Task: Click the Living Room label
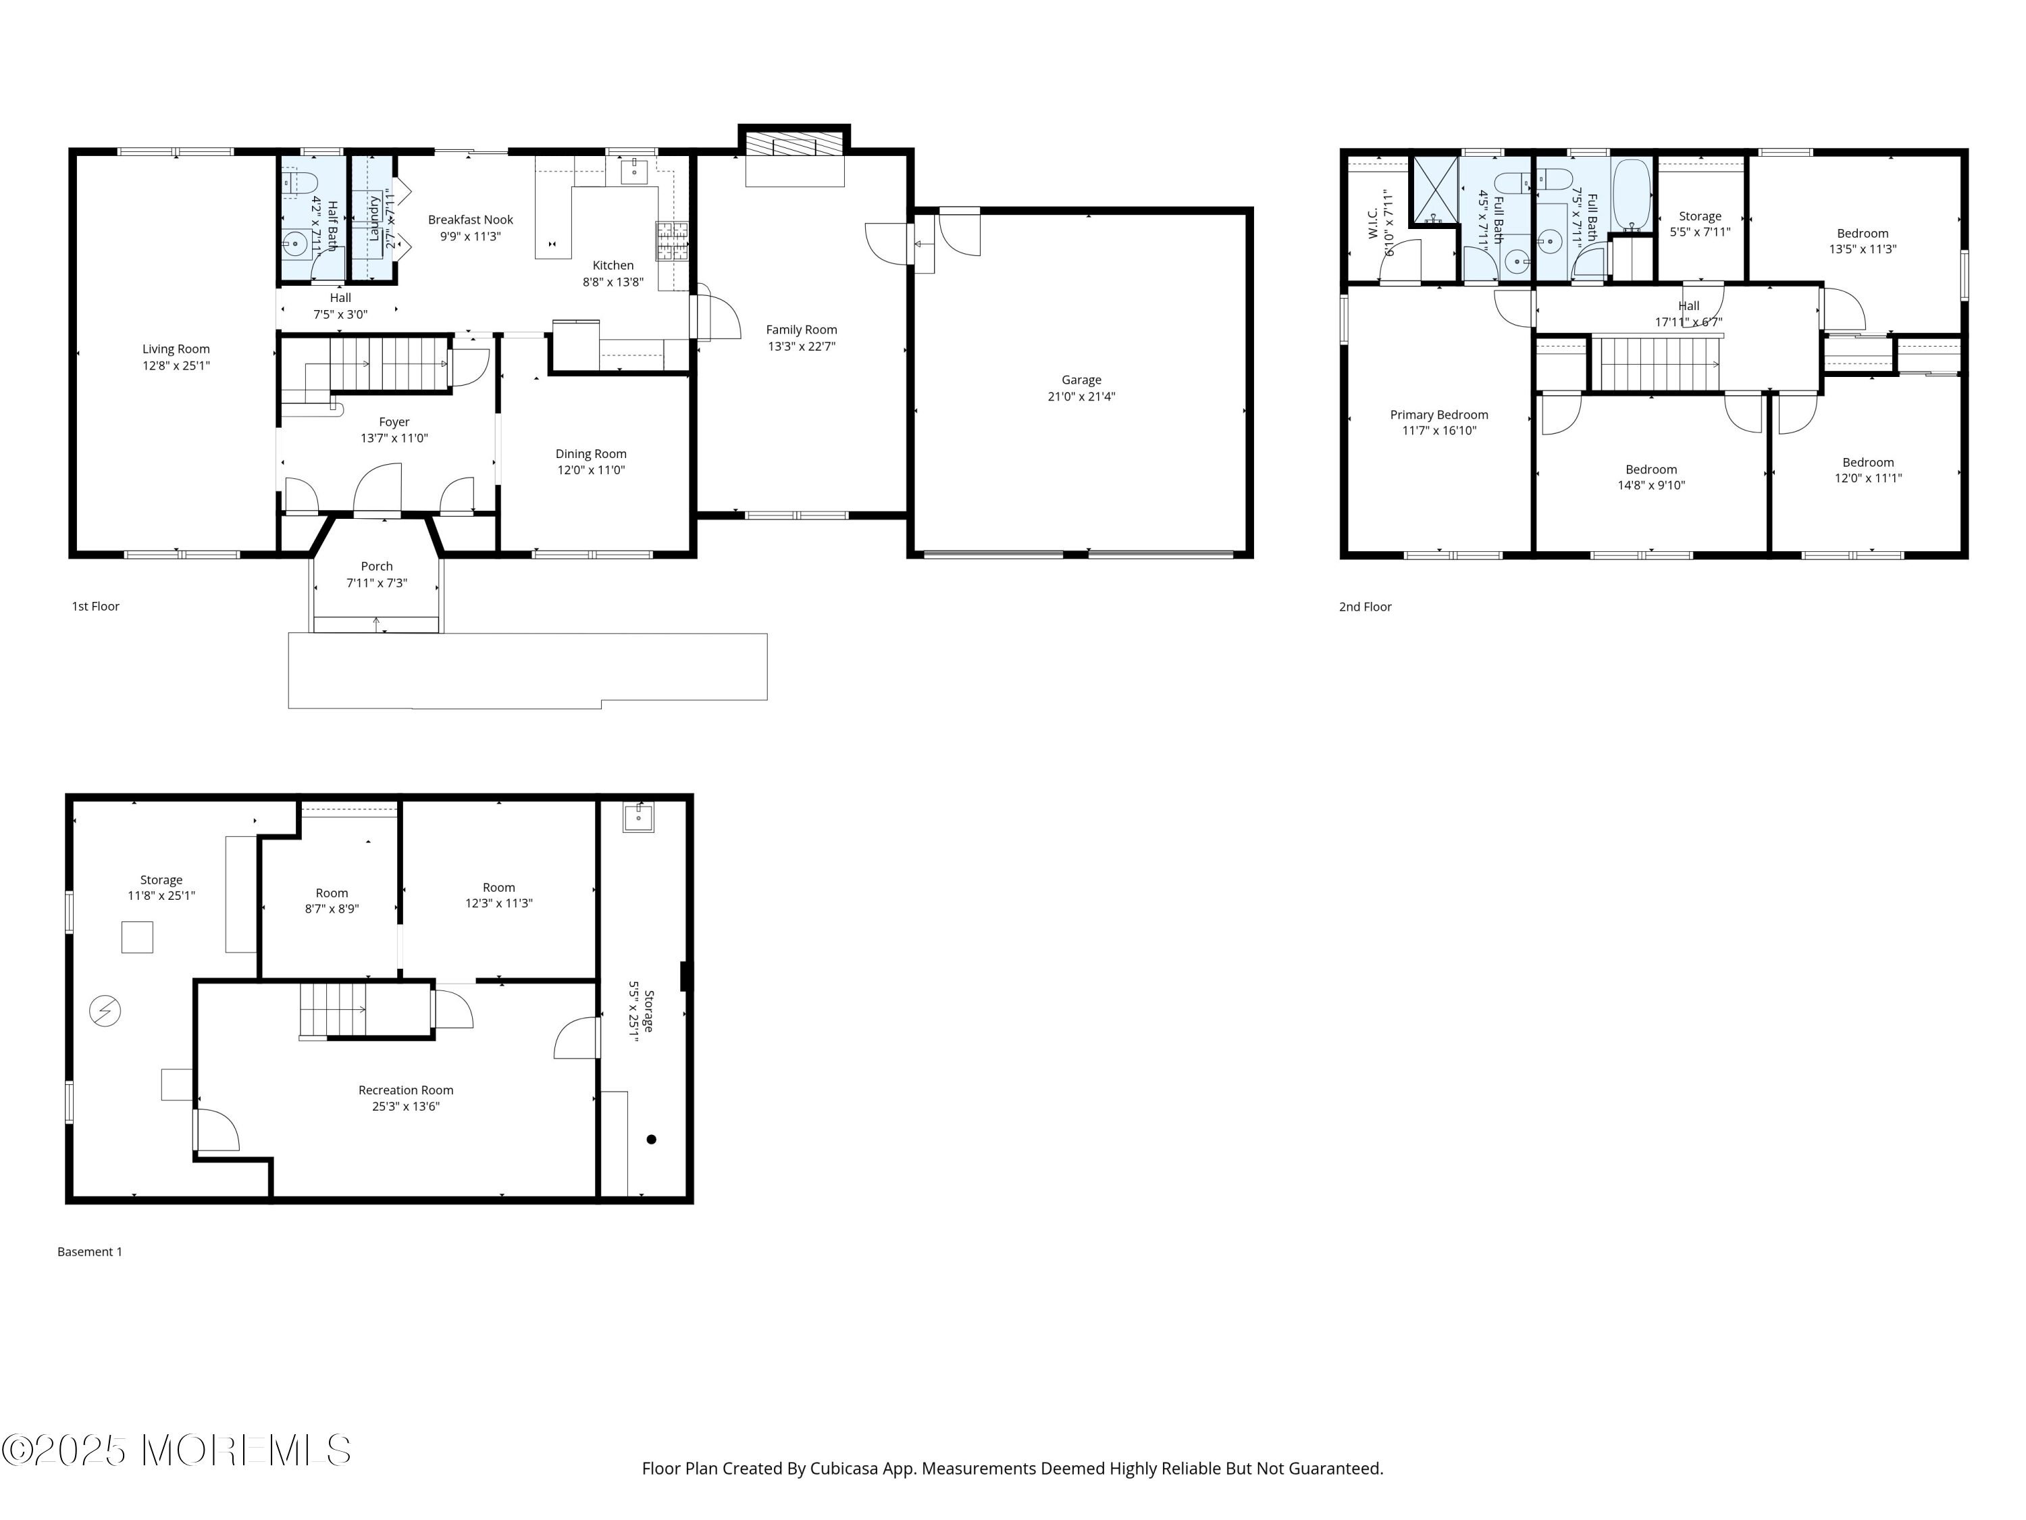coord(176,349)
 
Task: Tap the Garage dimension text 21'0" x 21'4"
coord(1082,397)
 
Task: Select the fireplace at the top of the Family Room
coord(794,145)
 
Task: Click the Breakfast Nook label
coord(471,220)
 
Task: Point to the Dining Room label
coord(591,453)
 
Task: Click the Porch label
coord(376,566)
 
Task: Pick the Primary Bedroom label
coord(1439,415)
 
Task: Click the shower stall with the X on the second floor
coord(1434,191)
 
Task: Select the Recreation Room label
coord(406,1090)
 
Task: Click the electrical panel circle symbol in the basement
coord(105,1011)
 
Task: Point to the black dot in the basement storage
coord(651,1140)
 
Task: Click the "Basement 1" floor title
coord(90,1252)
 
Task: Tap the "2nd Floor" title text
coord(1365,607)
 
